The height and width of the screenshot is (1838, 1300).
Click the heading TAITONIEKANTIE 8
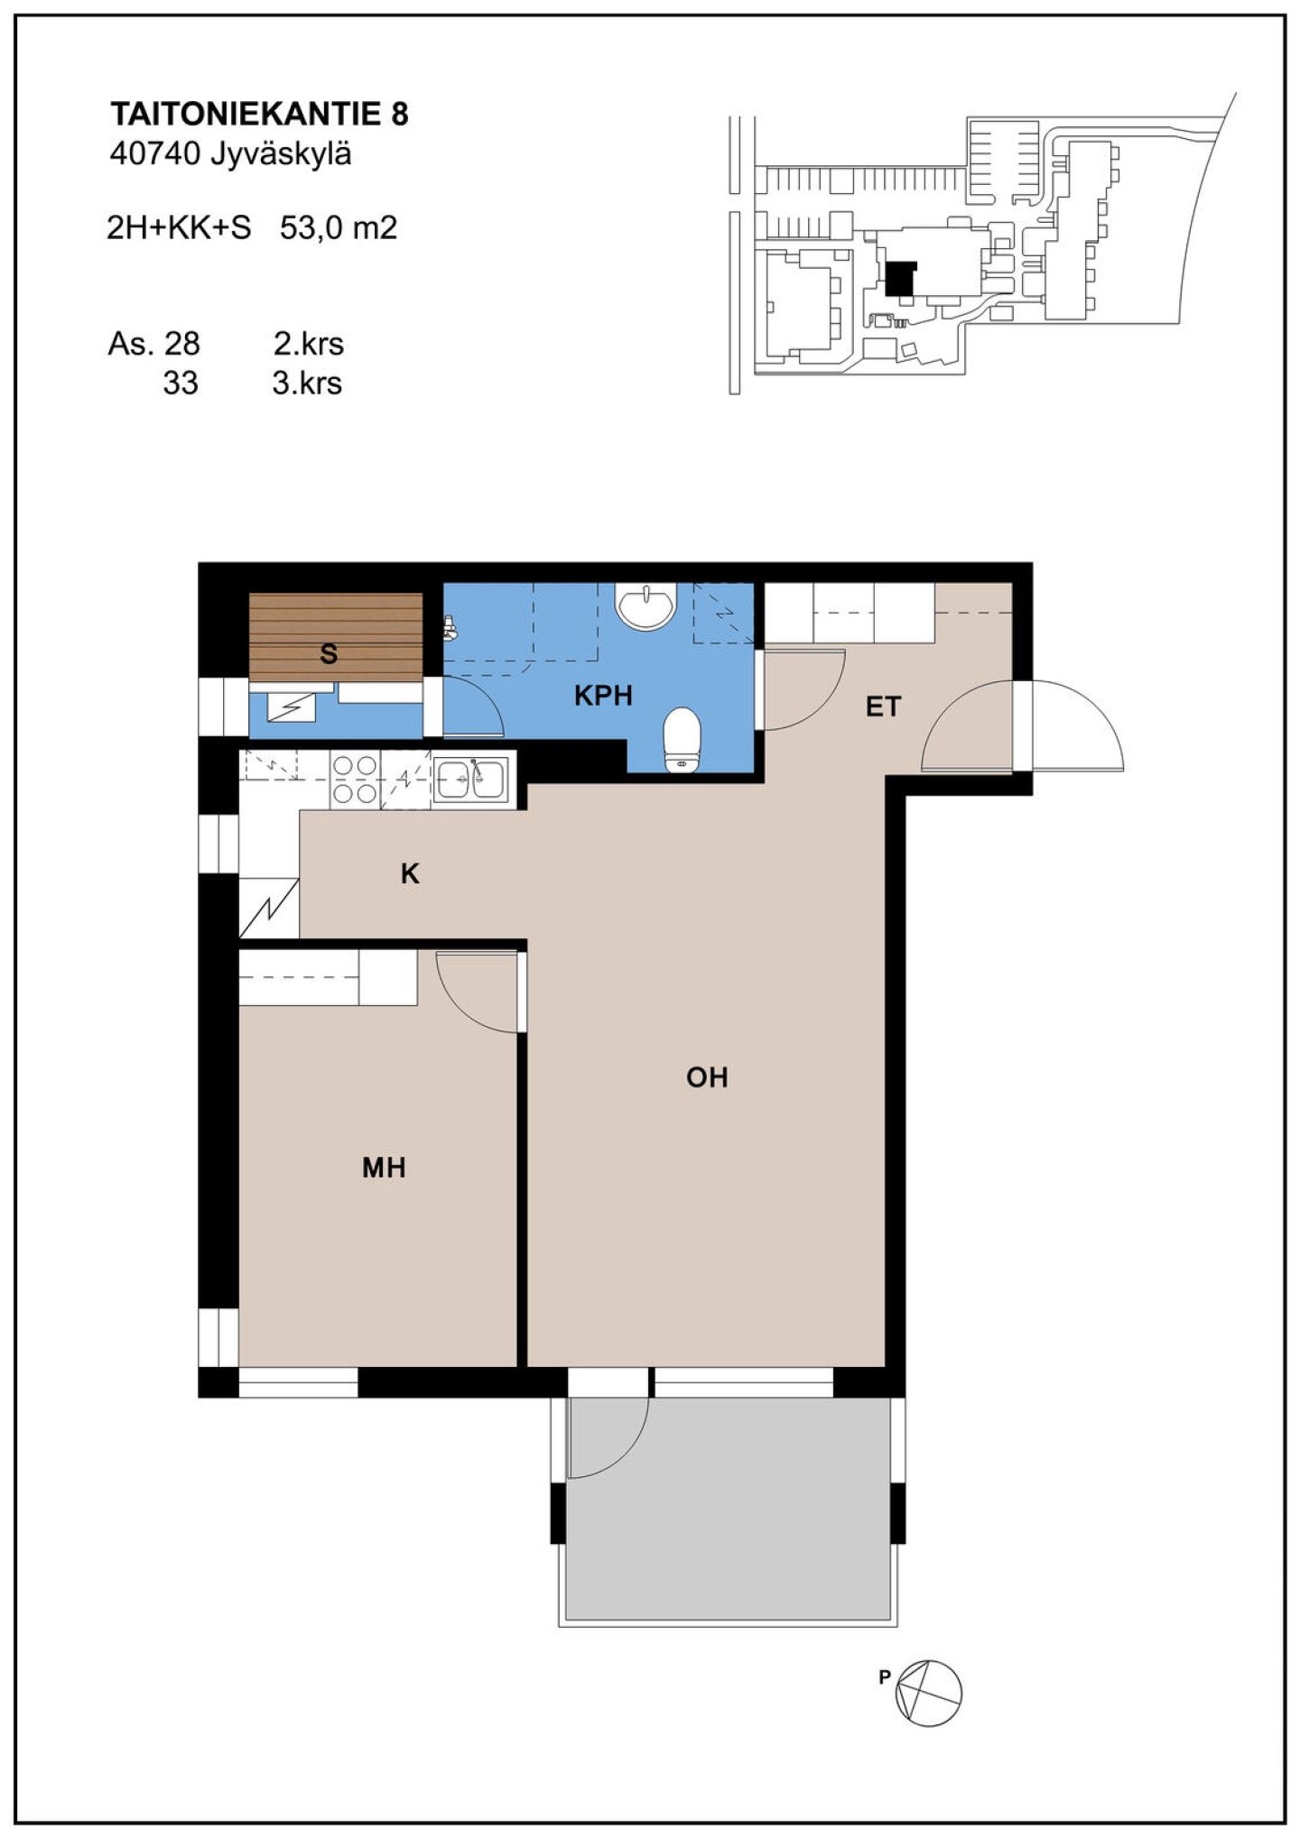coord(259,115)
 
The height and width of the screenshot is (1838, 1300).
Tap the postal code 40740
coord(154,155)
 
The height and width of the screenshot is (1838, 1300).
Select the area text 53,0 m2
coord(339,228)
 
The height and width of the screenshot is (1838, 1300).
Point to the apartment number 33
coord(180,383)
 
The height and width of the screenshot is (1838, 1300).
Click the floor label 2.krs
coord(309,344)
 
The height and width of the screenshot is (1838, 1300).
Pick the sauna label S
coord(329,654)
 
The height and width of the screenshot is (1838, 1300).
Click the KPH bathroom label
coord(603,696)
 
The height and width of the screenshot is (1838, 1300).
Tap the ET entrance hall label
coord(883,707)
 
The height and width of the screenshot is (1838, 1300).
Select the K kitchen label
coord(410,873)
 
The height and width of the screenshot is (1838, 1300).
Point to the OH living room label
coord(707,1077)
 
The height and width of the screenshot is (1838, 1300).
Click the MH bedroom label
coord(384,1168)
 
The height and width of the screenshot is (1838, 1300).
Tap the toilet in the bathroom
coord(682,740)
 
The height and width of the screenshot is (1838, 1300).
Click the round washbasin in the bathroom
coord(645,603)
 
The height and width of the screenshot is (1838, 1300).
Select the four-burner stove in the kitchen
coord(355,780)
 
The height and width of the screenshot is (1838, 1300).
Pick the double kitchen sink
coord(471,779)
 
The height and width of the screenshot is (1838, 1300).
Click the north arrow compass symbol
coord(929,1695)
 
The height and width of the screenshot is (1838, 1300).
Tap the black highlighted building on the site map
coord(899,279)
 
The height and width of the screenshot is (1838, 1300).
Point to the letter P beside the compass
coord(886,1677)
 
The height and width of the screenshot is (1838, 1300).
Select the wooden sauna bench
coord(336,637)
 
